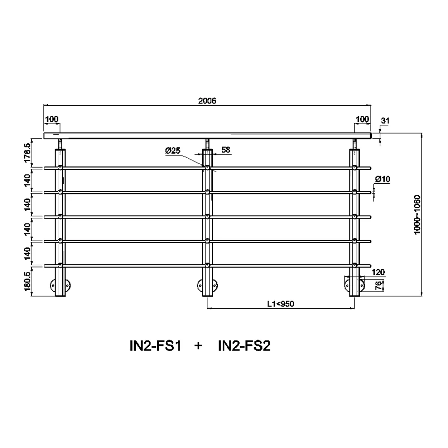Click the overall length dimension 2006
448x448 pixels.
point(207,100)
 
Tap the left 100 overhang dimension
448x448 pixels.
point(52,119)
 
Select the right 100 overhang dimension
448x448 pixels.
point(362,119)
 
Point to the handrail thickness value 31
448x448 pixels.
point(385,121)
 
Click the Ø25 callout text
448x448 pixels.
point(173,150)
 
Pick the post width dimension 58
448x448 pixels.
point(226,150)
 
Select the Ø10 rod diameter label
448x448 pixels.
point(383,179)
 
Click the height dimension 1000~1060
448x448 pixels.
point(417,215)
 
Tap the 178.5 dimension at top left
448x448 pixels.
point(27,153)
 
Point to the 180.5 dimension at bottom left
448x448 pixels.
point(27,281)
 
